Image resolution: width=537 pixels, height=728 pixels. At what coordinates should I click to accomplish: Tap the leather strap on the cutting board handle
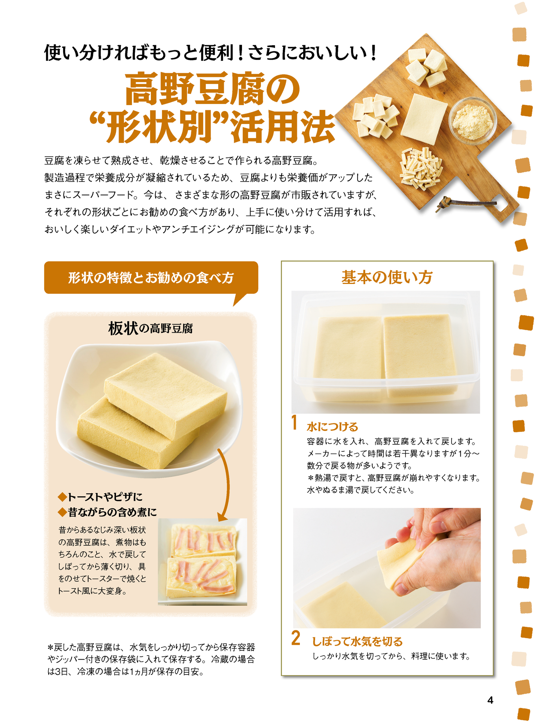465,203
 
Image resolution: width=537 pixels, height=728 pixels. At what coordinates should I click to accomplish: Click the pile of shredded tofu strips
421,168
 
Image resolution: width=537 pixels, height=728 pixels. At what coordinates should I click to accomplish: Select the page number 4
490,700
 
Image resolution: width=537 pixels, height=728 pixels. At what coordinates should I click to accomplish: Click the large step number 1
294,423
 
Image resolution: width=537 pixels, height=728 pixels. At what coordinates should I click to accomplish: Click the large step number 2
295,638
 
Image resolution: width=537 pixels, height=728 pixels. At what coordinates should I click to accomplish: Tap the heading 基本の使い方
386,277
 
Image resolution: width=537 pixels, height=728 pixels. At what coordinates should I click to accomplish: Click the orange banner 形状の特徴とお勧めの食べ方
151,278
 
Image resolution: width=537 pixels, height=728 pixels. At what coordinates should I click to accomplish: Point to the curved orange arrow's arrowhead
222,517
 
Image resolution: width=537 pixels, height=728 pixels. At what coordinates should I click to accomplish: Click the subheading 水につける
332,427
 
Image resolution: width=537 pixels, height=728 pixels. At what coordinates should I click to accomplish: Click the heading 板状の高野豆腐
151,329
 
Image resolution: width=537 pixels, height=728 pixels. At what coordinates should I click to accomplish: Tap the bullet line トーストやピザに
100,497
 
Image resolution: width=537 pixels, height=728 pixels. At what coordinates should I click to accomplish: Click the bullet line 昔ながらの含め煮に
108,512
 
